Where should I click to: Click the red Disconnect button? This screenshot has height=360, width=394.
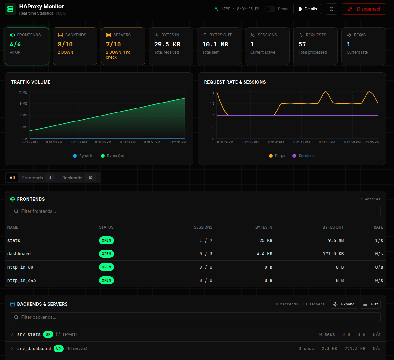(364, 9)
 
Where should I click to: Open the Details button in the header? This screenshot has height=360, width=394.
(307, 9)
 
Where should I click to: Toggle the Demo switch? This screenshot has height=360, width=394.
(270, 9)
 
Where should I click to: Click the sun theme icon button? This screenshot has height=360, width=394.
(331, 9)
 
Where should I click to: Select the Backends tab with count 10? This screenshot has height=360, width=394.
(77, 178)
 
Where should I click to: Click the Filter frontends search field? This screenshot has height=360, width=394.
(195, 211)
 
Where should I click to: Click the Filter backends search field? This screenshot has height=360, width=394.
(195, 317)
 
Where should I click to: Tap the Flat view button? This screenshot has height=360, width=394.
(370, 304)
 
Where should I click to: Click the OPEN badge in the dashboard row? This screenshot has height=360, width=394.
(106, 254)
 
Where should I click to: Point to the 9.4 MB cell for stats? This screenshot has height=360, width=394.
(336, 240)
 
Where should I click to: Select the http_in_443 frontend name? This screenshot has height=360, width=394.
(22, 280)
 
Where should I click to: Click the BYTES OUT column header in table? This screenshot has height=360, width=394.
(333, 227)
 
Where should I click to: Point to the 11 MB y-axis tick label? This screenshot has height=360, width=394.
(23, 92)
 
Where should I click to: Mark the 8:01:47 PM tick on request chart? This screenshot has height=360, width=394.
(301, 142)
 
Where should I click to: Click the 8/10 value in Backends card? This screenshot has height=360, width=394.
(65, 44)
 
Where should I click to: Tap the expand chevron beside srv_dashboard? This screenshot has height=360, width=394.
(12, 349)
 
